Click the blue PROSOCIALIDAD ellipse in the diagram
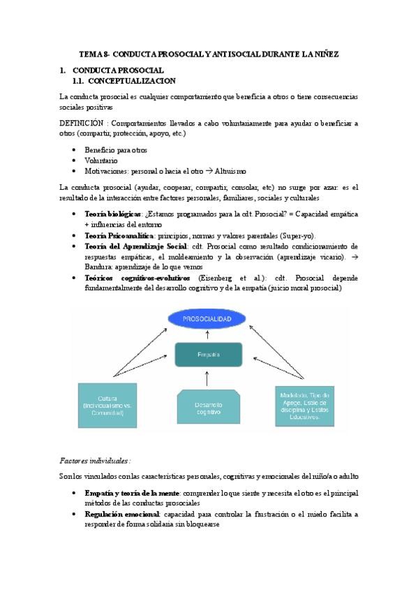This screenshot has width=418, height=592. coord(208,319)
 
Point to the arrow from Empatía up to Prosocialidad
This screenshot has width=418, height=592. coord(208,337)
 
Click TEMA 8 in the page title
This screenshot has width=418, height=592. coord(92,54)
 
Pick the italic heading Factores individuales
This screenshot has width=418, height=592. coord(94,461)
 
